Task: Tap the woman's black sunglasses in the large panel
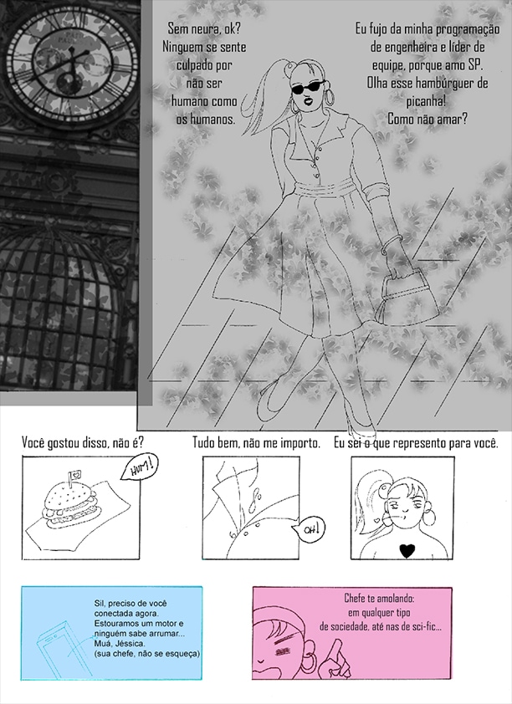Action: pos(308,87)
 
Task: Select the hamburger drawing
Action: pos(70,505)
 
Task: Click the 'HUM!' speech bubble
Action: pos(140,469)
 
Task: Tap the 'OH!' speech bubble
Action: pos(309,529)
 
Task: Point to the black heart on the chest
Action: pos(407,550)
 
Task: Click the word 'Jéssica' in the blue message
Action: pos(109,644)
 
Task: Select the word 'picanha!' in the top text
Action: pos(426,101)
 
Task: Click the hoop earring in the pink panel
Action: pos(309,660)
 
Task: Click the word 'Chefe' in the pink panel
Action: pos(355,599)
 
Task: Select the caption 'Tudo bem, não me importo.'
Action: pos(257,443)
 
